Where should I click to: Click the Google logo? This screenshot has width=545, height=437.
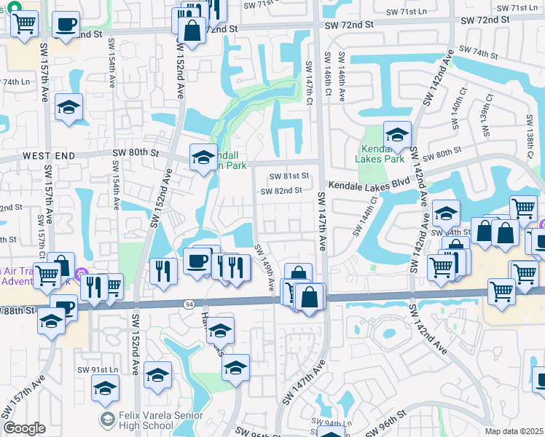pyautogui.click(x=24, y=428)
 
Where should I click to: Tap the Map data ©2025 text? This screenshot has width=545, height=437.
pyautogui.click(x=514, y=431)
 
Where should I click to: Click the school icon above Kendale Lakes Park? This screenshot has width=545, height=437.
pyautogui.click(x=397, y=135)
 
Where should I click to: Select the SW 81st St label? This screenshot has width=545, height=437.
pyautogui.click(x=289, y=176)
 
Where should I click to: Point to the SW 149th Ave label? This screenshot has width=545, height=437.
pyautogui.click(x=264, y=268)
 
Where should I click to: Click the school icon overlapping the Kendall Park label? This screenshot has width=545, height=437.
pyautogui.click(x=203, y=157)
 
